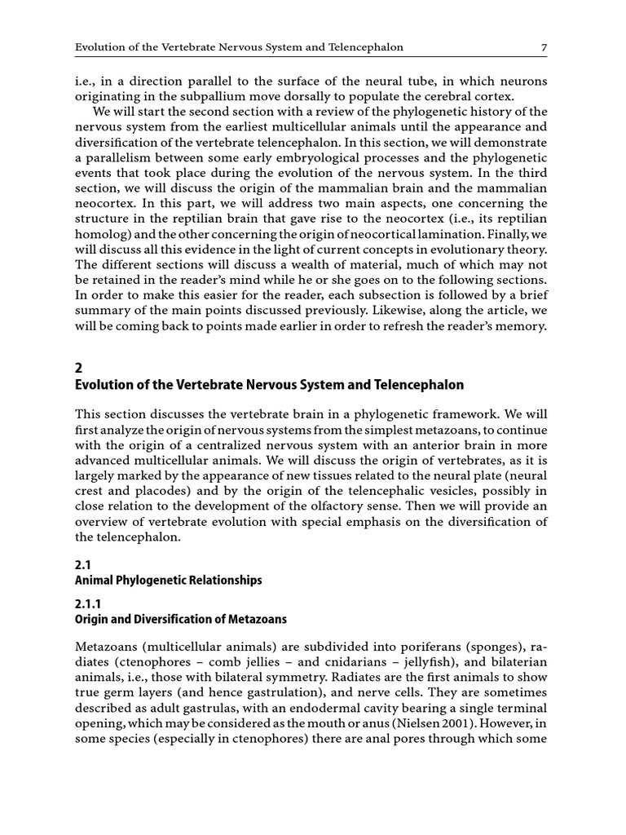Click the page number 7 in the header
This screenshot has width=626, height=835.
pos(544,47)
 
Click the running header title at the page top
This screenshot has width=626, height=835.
pos(239,47)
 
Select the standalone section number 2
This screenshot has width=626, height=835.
pos(78,368)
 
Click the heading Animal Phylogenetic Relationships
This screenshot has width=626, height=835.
pos(169,580)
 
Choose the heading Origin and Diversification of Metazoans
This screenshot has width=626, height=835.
pos(181,619)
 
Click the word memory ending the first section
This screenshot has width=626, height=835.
pos(522,326)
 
